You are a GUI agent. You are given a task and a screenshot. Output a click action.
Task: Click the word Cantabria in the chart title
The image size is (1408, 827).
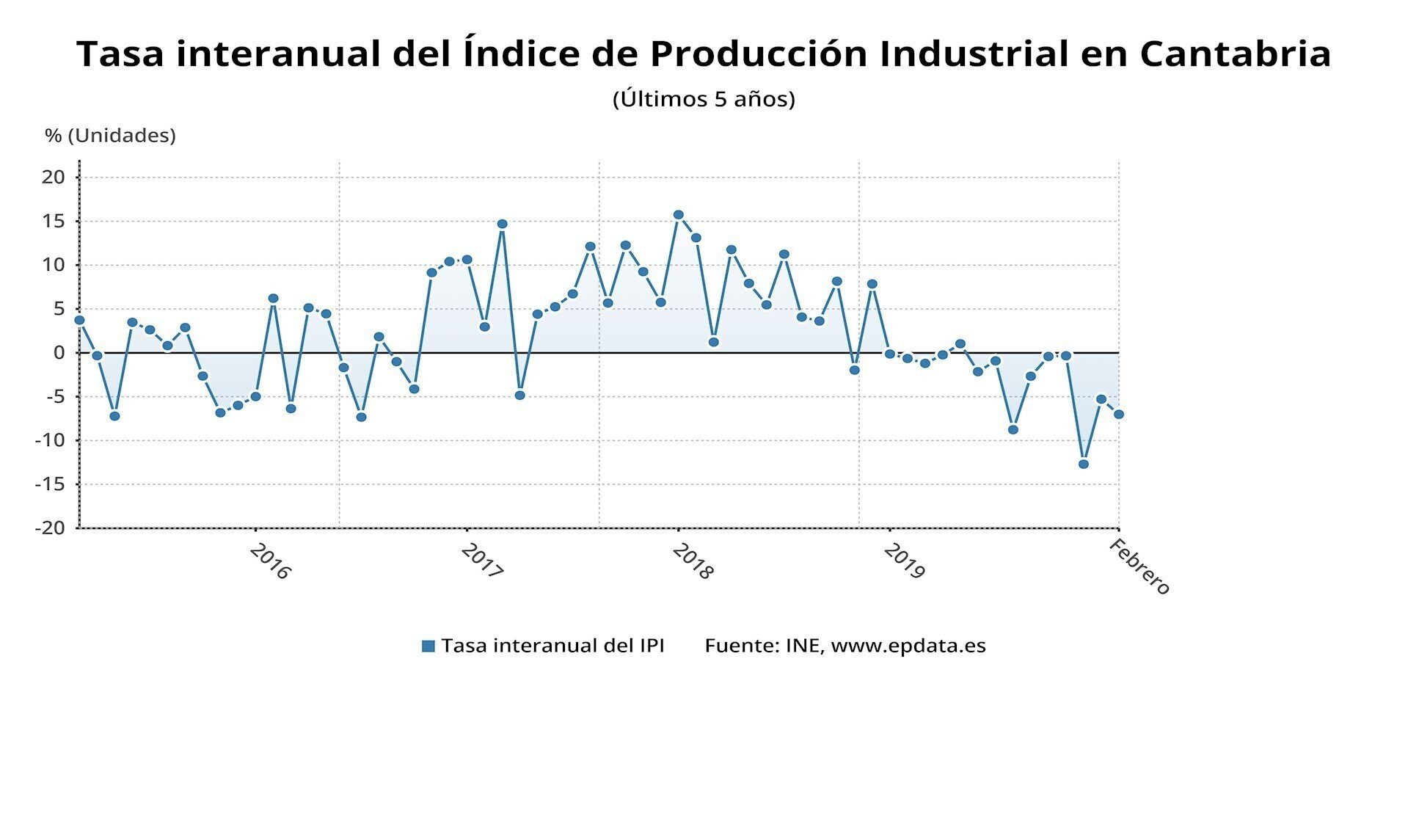coord(1235,54)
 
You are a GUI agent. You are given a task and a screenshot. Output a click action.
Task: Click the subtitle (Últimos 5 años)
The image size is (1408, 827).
coord(704,99)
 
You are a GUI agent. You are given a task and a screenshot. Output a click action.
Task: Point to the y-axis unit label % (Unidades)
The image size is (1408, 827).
coord(110,136)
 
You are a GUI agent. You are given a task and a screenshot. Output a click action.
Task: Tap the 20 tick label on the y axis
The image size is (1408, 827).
coord(53,177)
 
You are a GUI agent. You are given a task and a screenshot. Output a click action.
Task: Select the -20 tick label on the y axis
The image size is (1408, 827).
coord(49,528)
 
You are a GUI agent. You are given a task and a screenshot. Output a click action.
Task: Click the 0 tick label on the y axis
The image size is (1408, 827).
coord(59,353)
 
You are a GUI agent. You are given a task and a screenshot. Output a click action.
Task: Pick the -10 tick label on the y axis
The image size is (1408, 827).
coord(49,440)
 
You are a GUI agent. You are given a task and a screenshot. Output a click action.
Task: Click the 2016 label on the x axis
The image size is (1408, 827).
coord(270,561)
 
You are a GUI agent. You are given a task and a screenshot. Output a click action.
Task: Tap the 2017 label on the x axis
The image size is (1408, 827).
coord(481,561)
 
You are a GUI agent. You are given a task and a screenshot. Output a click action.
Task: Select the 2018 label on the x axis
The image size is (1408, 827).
coord(692,561)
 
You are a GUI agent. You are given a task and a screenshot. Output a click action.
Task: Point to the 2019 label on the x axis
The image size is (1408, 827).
coord(904,561)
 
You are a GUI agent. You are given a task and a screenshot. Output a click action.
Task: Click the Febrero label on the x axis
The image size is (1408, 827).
coord(1139,566)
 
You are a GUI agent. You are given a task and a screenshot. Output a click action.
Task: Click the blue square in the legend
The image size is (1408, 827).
coord(428,646)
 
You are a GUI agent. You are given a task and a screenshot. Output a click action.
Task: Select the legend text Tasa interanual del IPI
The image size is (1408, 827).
coord(552,646)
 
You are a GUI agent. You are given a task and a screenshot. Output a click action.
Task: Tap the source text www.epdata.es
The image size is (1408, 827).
coord(908,646)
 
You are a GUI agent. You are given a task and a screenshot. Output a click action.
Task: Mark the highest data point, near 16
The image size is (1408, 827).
coord(679,215)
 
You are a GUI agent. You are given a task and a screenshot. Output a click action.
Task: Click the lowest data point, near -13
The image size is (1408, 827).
coord(1084,464)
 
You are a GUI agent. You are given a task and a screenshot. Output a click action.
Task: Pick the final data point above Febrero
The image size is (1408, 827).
coord(1119,415)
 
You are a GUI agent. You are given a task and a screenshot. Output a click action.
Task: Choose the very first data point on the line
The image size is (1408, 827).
coord(79,320)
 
